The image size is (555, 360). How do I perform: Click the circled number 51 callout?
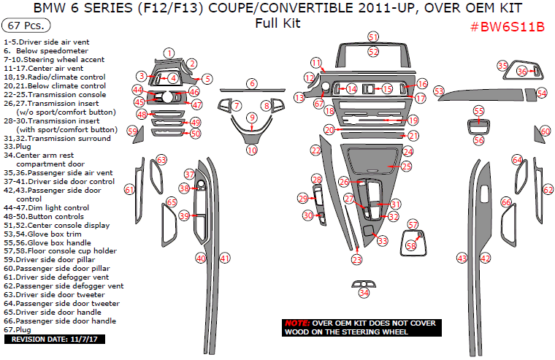tap(373, 37)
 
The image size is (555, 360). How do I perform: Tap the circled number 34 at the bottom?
tap(364, 293)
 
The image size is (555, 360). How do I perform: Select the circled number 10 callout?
tap(252, 150)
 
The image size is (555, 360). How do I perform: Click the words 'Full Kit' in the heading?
tap(277, 23)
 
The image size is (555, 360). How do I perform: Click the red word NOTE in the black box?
tap(296, 323)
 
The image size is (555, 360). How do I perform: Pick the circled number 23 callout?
tap(356, 259)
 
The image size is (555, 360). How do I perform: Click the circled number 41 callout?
tap(225, 258)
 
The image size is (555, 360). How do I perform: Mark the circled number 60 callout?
tap(546, 131)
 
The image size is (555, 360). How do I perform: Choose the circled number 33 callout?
tap(382, 240)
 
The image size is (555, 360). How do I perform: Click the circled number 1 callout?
tap(169, 53)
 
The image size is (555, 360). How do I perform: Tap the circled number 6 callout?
tap(251, 84)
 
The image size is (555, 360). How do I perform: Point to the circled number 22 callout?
tap(315, 150)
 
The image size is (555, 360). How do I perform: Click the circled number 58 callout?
tap(412, 247)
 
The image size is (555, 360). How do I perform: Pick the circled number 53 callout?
tap(439, 91)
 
